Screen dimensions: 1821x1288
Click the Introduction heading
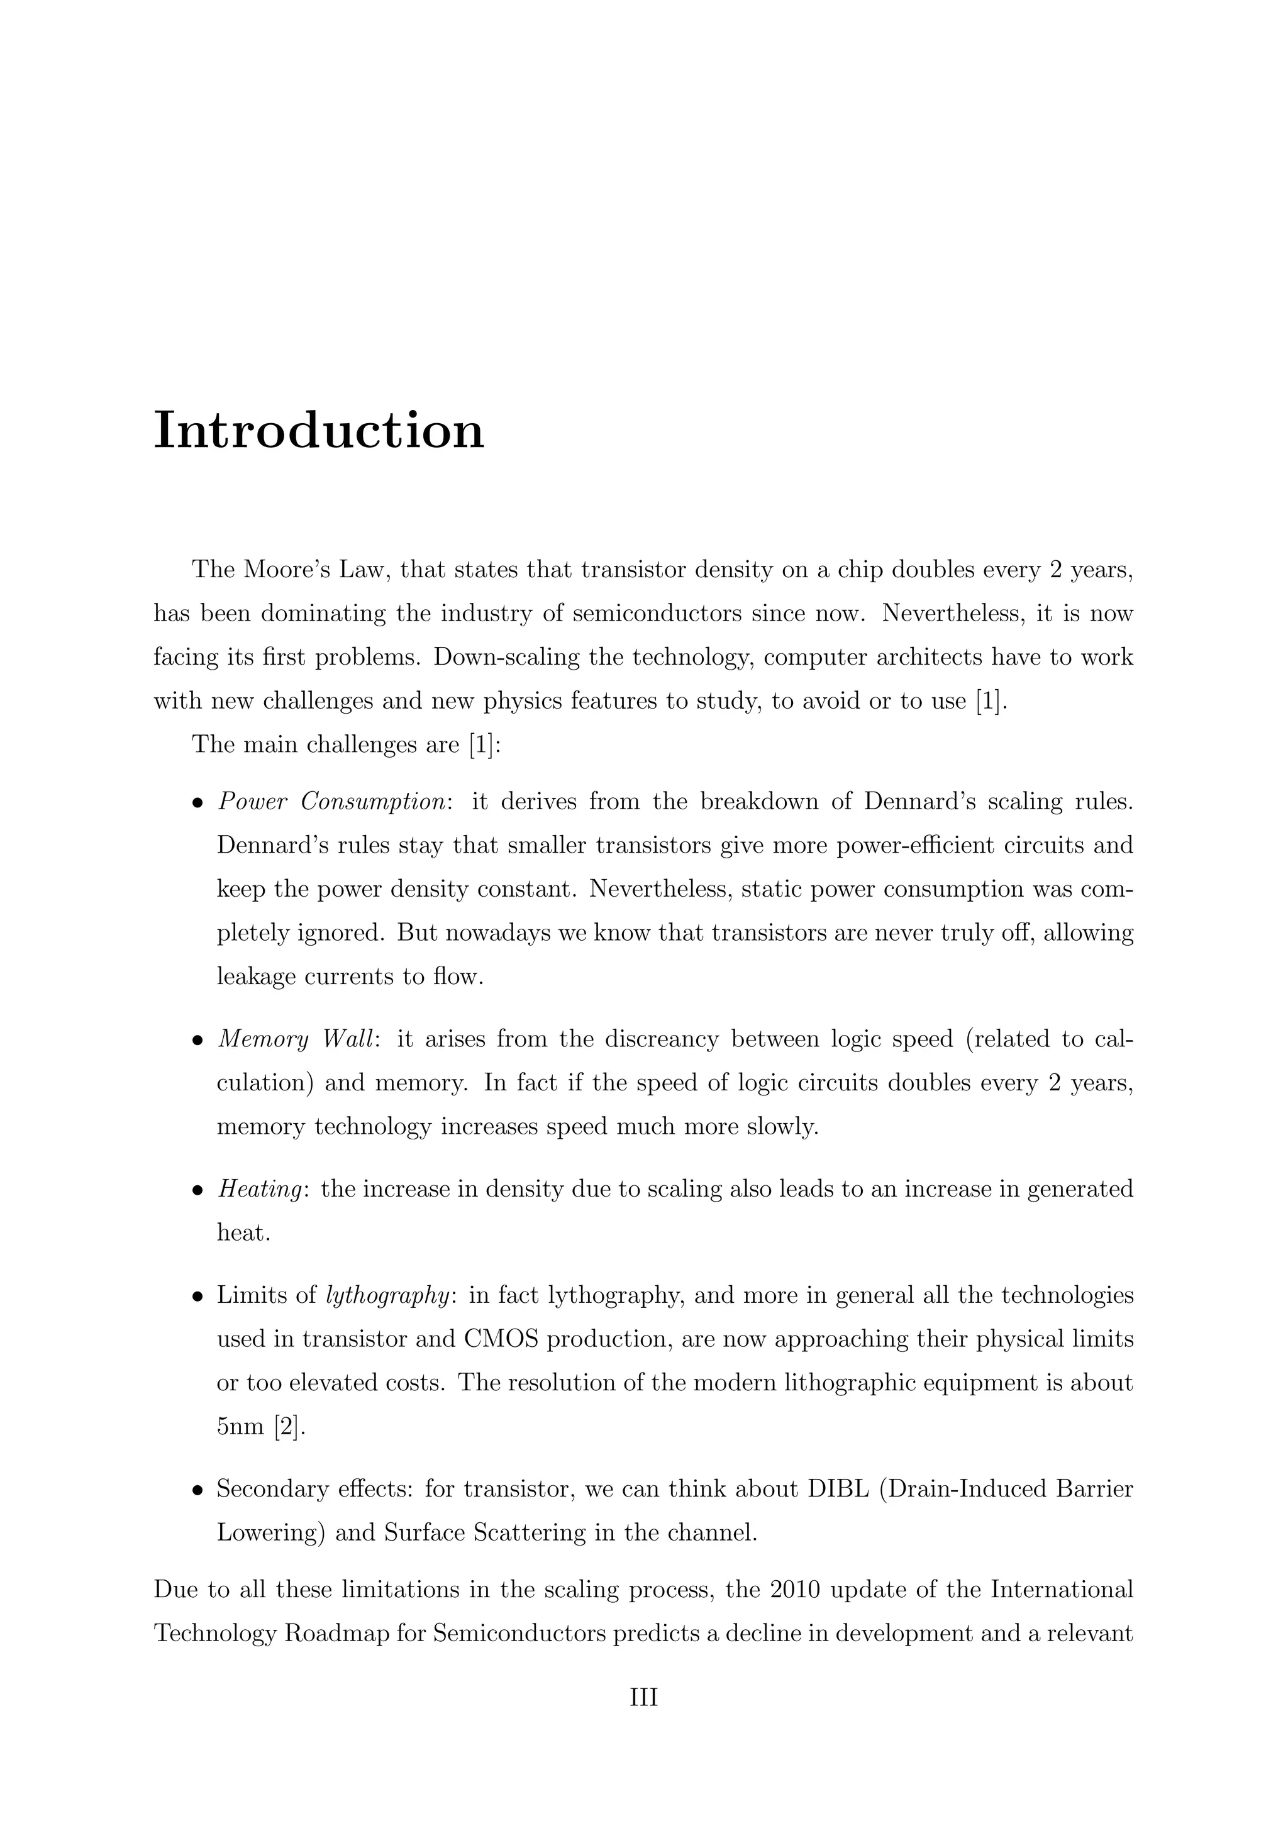[318, 431]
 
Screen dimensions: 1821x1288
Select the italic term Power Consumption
[331, 802]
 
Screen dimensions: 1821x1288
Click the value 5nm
[240, 1427]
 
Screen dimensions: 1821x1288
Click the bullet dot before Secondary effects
[197, 1491]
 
